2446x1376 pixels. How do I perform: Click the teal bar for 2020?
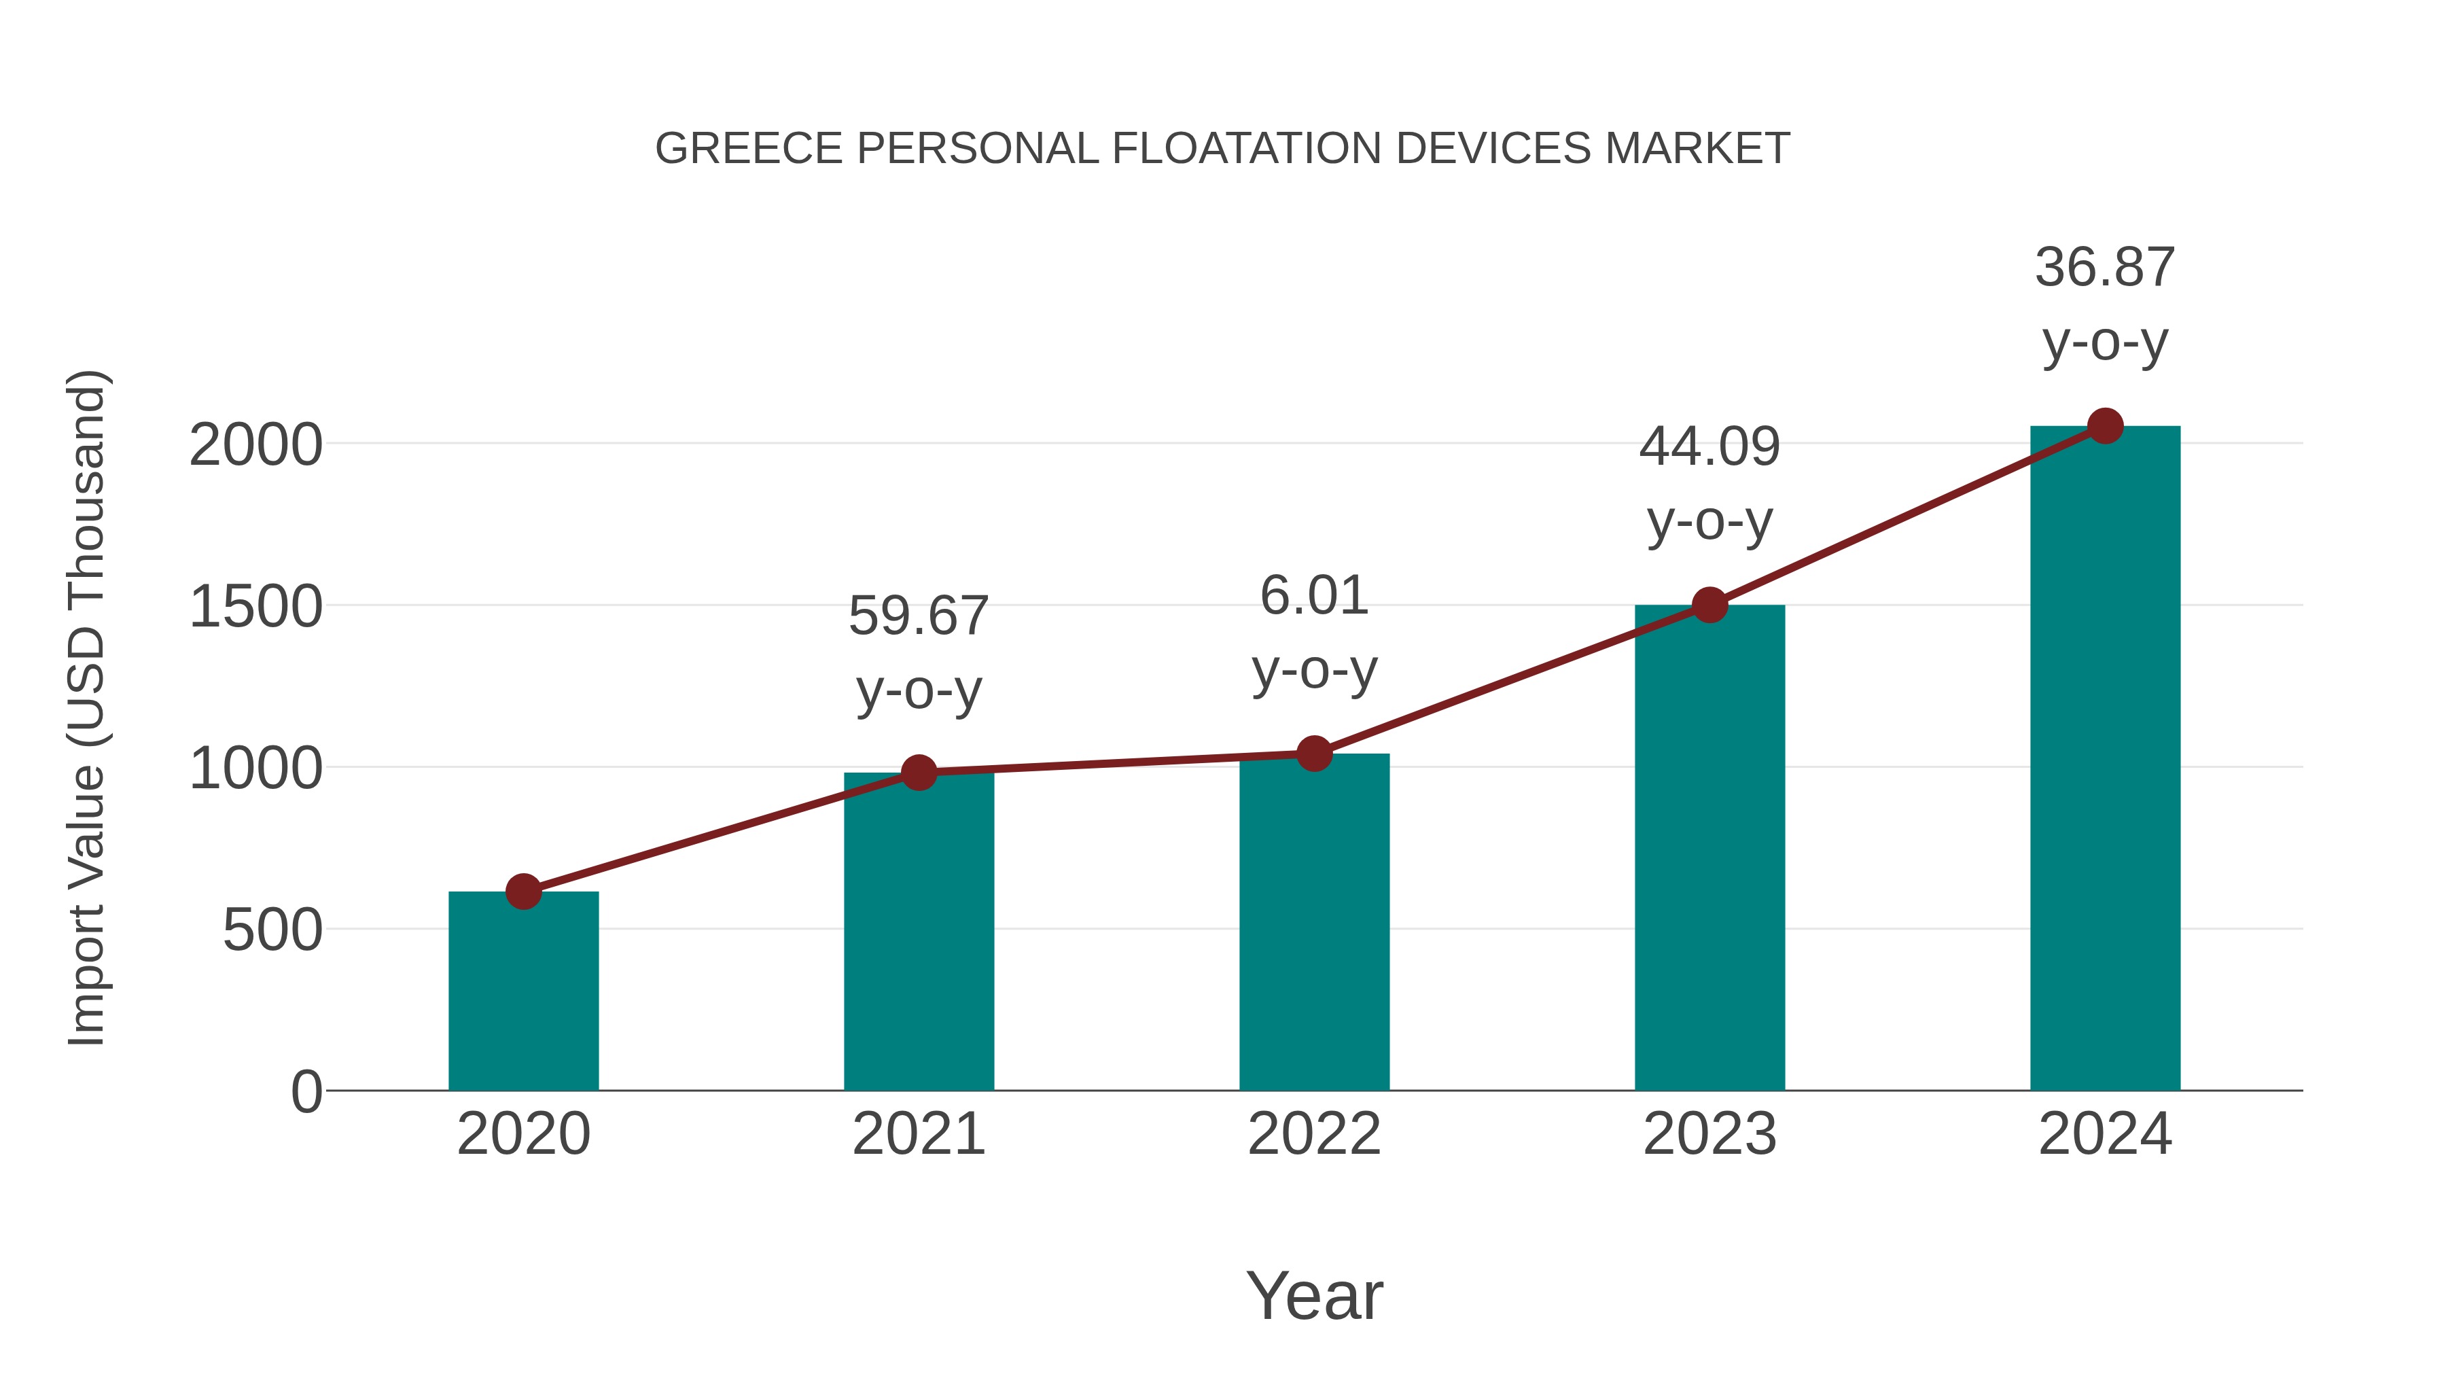523,992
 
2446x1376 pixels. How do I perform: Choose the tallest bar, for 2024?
2105,760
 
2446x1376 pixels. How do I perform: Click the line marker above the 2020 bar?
523,892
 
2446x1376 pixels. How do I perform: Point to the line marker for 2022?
1314,754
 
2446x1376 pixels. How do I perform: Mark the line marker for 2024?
2105,426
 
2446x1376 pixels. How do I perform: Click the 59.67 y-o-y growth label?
918,652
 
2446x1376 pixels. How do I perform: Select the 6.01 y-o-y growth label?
1314,633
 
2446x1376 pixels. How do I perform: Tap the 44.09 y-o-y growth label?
1709,483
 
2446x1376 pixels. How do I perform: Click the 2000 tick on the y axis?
255,444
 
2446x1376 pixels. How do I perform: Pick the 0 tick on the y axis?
306,1091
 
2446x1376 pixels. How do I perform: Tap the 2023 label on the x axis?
1709,1134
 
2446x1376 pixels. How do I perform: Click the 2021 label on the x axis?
918,1134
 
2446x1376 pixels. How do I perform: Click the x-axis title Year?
1314,1295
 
